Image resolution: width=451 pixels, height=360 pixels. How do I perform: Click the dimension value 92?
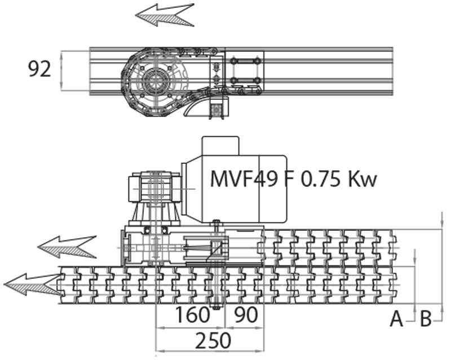pos(39,69)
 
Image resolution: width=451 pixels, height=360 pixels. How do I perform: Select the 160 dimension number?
pos(192,315)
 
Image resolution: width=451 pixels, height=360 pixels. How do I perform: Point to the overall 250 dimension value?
pos(213,340)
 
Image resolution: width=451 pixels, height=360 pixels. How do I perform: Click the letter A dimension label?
pos(397,319)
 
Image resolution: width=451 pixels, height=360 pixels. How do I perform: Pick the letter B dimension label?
pos(426,319)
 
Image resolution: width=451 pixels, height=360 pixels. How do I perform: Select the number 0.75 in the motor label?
pos(321,179)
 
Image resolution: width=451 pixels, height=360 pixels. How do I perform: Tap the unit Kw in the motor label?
pos(362,179)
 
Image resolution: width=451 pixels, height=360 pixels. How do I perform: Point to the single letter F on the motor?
pos(291,179)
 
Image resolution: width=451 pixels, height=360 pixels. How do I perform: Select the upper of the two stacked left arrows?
pos(67,246)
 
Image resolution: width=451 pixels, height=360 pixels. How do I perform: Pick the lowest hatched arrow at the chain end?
pos(33,283)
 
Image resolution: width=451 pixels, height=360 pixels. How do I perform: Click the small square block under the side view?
pos(217,109)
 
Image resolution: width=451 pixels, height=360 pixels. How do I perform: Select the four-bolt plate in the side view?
pos(244,70)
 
